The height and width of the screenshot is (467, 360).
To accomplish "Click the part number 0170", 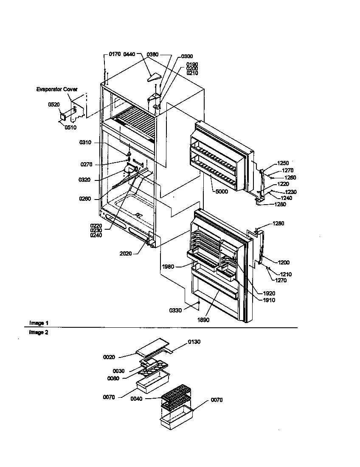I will [x=115, y=54].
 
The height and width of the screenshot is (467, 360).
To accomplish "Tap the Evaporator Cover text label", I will [x=56, y=90].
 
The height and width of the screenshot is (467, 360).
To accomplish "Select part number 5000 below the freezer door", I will [x=221, y=191].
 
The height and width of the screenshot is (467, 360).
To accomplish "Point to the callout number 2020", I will [x=126, y=253].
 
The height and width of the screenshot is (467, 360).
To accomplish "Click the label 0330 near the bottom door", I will [x=175, y=310].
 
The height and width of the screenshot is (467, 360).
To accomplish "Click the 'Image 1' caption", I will [x=38, y=323].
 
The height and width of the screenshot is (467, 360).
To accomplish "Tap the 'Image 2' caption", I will [x=38, y=332].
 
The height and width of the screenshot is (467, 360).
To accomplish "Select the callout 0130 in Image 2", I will [x=194, y=341].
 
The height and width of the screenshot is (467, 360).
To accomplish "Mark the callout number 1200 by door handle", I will [x=284, y=263].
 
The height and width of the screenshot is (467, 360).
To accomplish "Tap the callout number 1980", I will [x=168, y=267].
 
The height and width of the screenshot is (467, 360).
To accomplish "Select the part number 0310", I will [x=85, y=143].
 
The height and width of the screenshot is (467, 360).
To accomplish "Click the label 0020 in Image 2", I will [x=109, y=357].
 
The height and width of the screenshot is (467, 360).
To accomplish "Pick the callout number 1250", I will [x=283, y=163].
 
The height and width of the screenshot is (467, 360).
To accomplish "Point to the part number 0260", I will [x=85, y=198].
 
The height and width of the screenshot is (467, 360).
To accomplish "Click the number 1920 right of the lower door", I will [x=269, y=293].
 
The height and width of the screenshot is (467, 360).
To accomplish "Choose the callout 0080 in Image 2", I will [x=113, y=378].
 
